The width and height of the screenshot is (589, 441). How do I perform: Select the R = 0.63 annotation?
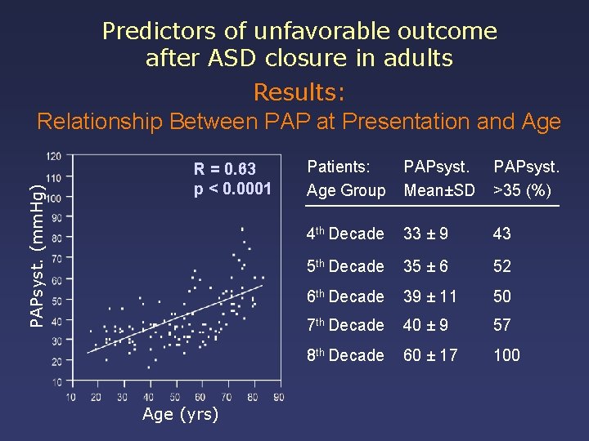[225, 169]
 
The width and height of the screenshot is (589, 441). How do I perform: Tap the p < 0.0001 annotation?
[232, 189]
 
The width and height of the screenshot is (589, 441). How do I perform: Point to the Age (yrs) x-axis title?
[180, 414]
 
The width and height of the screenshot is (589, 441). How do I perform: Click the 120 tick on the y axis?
[53, 156]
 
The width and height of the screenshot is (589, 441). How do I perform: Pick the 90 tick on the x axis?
[278, 397]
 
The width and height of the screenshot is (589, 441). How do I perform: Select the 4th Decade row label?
[344, 234]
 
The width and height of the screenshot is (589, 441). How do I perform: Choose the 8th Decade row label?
[344, 355]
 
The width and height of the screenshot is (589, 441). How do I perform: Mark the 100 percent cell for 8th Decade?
[506, 355]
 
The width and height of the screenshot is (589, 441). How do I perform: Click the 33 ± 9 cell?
[426, 234]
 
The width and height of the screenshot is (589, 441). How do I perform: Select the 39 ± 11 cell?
[430, 296]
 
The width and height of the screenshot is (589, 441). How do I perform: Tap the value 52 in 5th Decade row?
[501, 266]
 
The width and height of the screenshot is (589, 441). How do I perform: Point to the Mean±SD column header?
[439, 191]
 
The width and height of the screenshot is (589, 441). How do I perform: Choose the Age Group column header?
[346, 191]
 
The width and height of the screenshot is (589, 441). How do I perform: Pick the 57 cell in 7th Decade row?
[501, 325]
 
